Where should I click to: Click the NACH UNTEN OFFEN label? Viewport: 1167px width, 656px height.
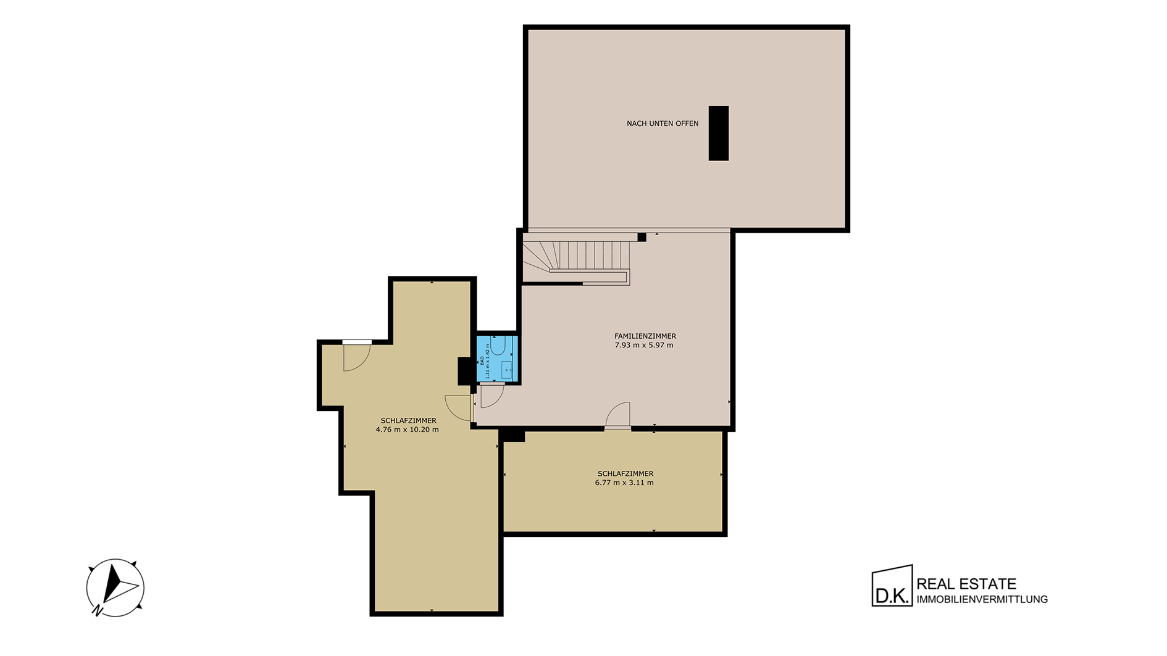tap(663, 123)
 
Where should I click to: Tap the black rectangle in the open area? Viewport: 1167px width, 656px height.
tap(719, 133)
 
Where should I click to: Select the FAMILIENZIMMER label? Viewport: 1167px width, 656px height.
tap(645, 336)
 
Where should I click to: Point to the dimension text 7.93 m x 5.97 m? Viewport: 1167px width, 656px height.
tap(644, 345)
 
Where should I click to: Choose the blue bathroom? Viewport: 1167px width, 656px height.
tap(496, 359)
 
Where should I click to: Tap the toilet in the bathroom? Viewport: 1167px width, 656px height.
tap(498, 345)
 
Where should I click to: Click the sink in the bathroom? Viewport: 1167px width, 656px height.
tap(507, 369)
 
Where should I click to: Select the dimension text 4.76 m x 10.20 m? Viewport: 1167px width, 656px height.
tap(407, 430)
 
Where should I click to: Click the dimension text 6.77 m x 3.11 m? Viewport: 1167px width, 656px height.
tap(624, 483)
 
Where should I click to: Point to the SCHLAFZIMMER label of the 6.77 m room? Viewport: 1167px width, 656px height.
tap(625, 474)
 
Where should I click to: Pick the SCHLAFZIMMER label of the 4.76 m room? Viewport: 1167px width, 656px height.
tap(408, 421)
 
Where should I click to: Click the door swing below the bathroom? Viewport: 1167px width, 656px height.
tap(492, 396)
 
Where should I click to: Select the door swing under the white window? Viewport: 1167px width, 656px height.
tap(356, 357)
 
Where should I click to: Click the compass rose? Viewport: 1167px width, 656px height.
tap(115, 587)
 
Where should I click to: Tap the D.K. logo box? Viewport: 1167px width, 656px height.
tap(892, 586)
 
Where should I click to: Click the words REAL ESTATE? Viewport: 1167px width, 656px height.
tap(966, 584)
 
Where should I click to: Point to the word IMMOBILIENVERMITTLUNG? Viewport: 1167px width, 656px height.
tap(982, 599)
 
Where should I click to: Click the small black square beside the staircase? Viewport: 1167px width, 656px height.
tap(642, 237)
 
